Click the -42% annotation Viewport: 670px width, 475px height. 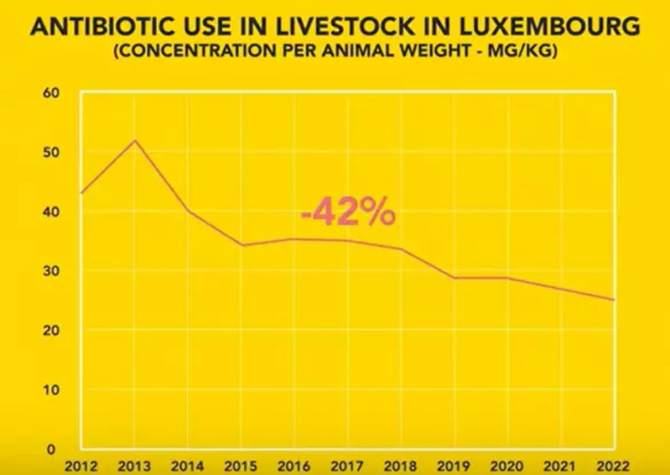click(x=348, y=213)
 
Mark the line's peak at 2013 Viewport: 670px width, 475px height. click(x=135, y=141)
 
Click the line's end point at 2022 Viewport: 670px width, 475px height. click(x=614, y=300)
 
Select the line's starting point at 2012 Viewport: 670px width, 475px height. click(x=82, y=192)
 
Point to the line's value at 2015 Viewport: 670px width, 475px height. click(x=241, y=245)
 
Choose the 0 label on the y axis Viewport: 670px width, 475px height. click(x=51, y=449)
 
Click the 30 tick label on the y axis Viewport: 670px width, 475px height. click(x=51, y=271)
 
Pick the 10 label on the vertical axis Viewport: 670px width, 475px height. click(x=51, y=390)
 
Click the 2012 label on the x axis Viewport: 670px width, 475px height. click(x=82, y=466)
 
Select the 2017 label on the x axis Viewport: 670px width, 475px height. click(x=348, y=466)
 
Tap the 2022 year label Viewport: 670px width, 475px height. click(x=614, y=466)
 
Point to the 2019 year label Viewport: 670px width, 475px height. click(x=454, y=466)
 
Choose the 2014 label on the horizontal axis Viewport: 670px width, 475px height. click(x=188, y=466)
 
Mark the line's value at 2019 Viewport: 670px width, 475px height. click(x=454, y=278)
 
